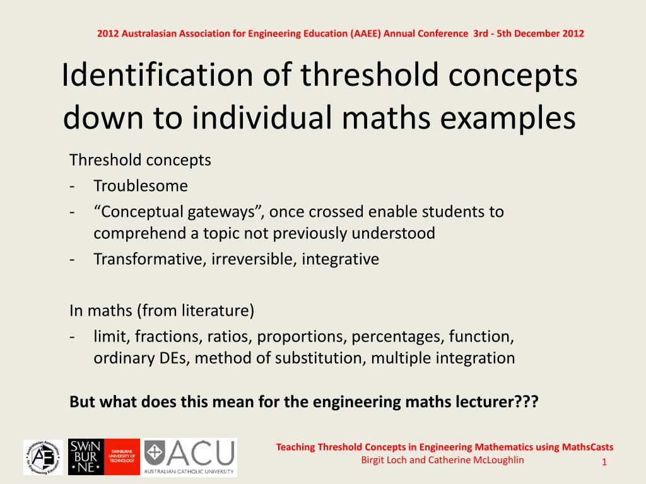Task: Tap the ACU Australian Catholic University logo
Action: [x=189, y=457]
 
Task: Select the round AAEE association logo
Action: [x=43, y=457]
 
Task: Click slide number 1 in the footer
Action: [x=604, y=463]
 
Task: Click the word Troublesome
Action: [x=141, y=186]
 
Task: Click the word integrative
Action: [x=341, y=259]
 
